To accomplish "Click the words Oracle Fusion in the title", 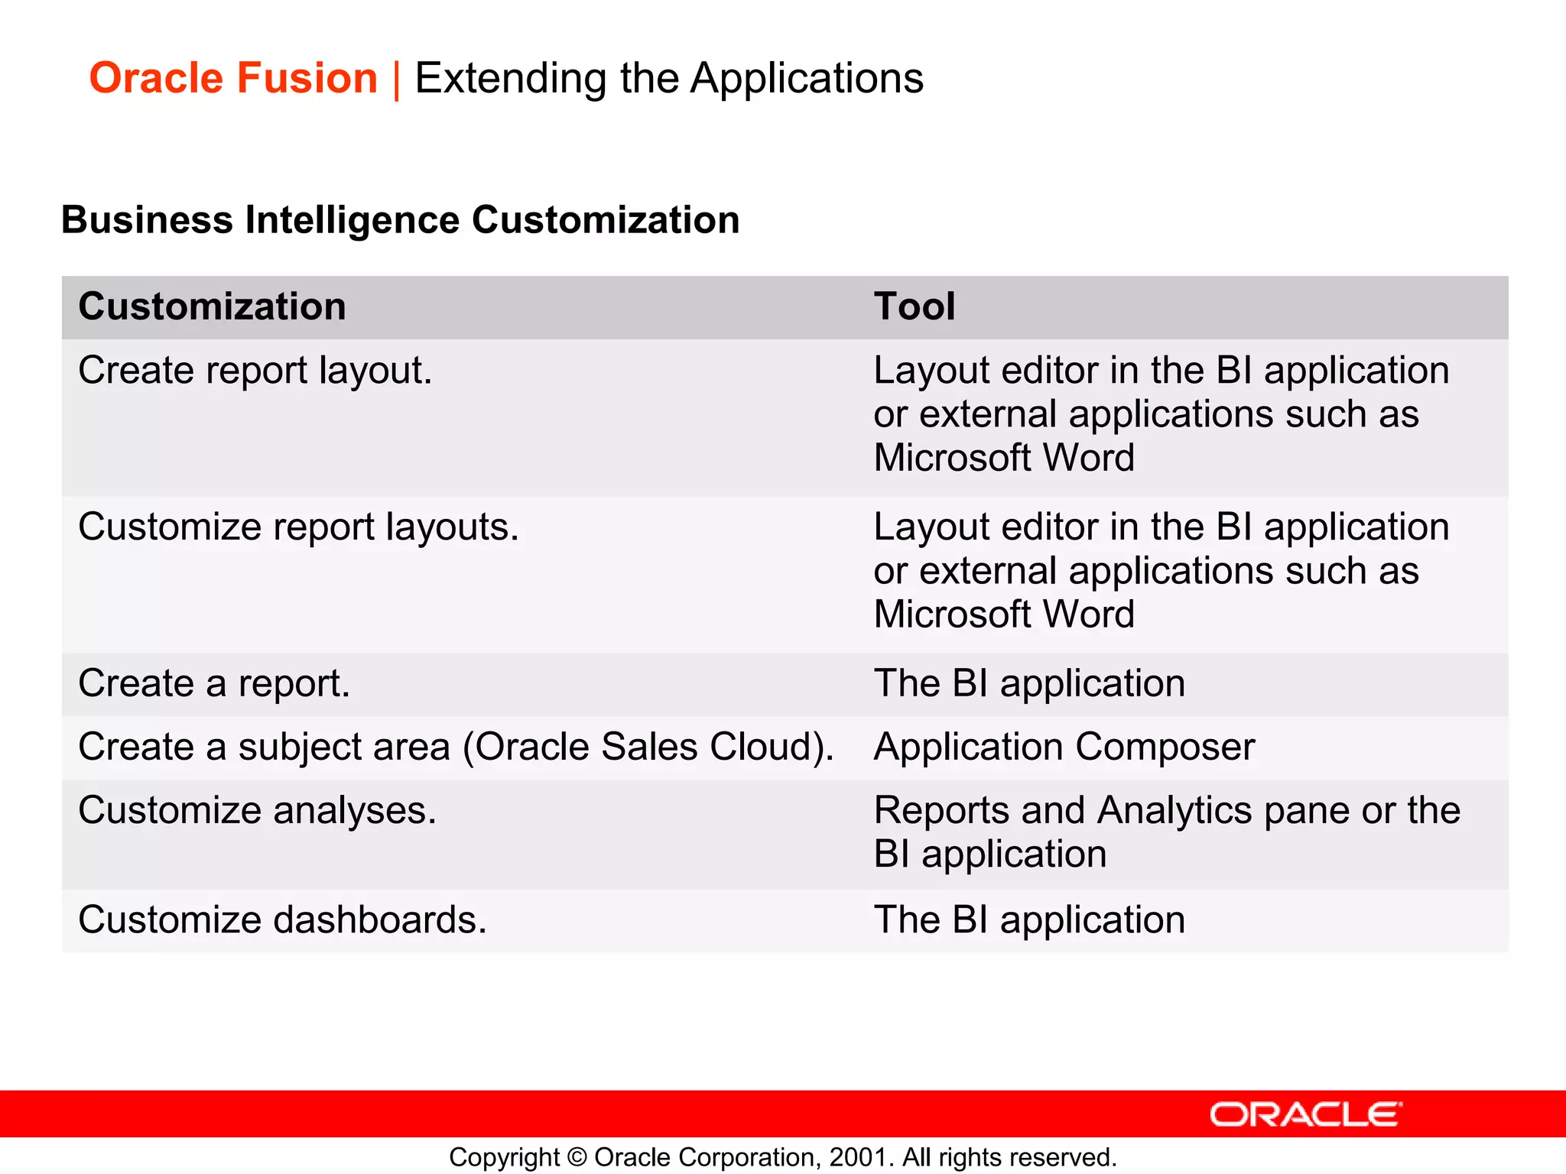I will coord(233,78).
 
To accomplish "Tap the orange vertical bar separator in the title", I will coord(396,79).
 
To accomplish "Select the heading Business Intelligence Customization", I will coord(400,220).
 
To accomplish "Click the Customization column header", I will coord(212,306).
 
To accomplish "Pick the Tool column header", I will coord(915,306).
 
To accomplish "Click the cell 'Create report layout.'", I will coord(255,371).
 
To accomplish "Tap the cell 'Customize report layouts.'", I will coord(298,527).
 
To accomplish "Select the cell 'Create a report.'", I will coord(214,683).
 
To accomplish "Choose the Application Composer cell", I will coord(1064,747).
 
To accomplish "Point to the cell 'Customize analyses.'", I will coord(257,810).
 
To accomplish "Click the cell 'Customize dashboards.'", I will coord(282,919).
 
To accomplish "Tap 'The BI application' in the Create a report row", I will coord(1029,683).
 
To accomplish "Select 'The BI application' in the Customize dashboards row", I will coord(1029,919).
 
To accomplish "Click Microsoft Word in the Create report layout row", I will coord(1003,458).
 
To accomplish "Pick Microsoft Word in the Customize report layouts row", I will coord(1003,615).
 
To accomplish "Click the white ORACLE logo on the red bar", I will coord(1305,1114).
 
